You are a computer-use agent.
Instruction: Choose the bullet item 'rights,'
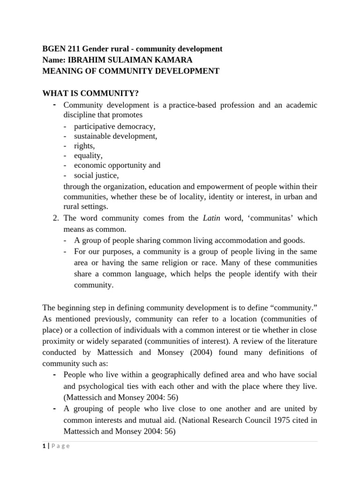point(84,146)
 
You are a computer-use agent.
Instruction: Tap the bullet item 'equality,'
point(88,156)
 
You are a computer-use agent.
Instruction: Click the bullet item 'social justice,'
point(96,175)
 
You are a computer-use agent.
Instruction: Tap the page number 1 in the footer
point(44,446)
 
